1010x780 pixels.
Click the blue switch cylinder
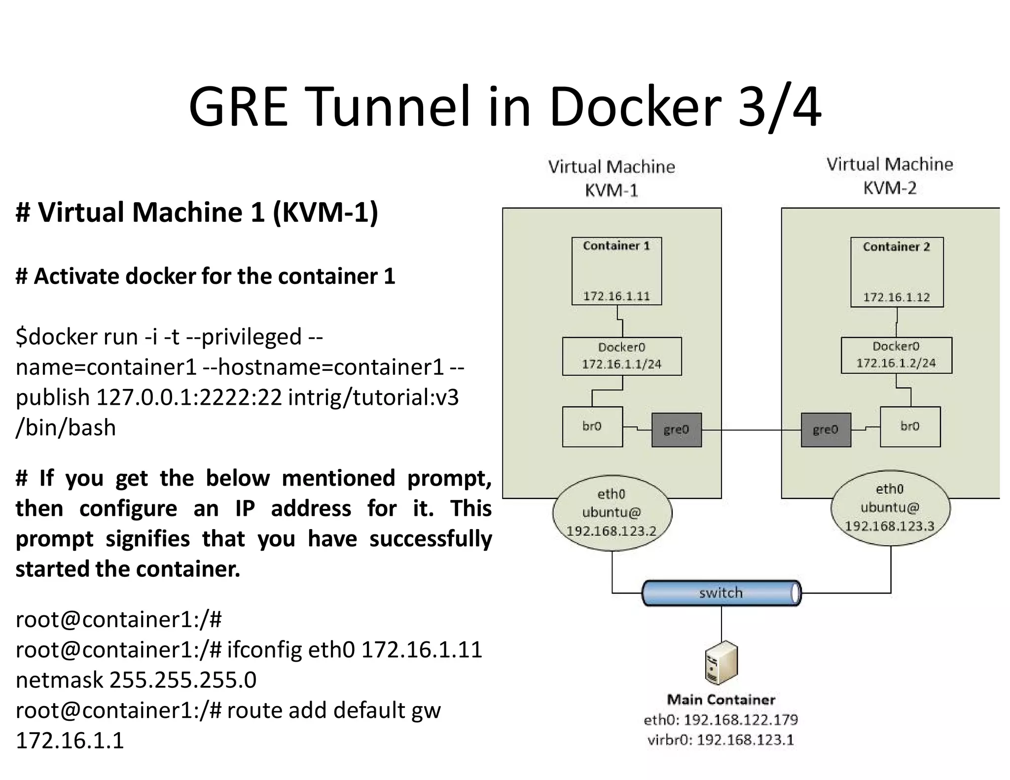tap(721, 593)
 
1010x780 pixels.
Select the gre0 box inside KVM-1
tap(676, 429)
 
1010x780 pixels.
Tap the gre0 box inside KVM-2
tap(826, 429)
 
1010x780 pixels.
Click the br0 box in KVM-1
tap(592, 426)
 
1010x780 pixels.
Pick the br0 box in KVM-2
tap(910, 426)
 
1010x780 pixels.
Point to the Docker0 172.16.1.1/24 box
tap(621, 356)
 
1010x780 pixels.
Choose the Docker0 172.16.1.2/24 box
tap(896, 355)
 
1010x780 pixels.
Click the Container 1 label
tap(616, 246)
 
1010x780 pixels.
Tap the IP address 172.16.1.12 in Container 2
tap(896, 297)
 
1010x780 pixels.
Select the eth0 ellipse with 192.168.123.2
tap(612, 513)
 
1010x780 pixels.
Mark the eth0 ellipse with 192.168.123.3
tap(890, 508)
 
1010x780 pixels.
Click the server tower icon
tap(721, 663)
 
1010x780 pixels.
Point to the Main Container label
tap(721, 700)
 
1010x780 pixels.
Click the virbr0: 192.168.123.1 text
tap(721, 740)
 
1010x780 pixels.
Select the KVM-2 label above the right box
tap(890, 188)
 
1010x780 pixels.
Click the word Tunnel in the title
tap(390, 107)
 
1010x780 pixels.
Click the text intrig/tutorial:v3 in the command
tap(373, 397)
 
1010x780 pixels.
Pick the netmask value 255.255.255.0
tap(182, 680)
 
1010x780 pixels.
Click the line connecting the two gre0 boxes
tap(751, 430)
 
